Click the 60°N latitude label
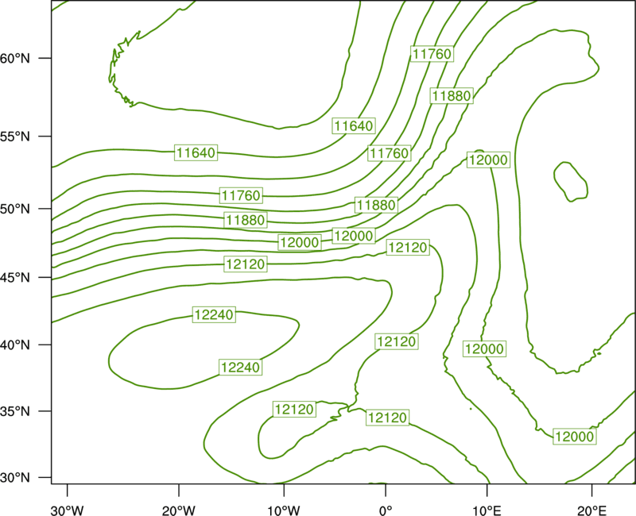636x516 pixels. [x=15, y=58]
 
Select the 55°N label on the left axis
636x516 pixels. [x=15, y=137]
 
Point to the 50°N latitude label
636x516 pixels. [x=15, y=209]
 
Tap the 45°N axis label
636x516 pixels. [x=15, y=277]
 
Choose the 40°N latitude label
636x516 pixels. [x=15, y=345]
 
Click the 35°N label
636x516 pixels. [x=15, y=411]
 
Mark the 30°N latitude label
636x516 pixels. [x=15, y=478]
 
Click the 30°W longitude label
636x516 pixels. [x=68, y=510]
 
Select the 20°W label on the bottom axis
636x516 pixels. [x=179, y=510]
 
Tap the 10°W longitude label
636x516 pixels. [x=284, y=510]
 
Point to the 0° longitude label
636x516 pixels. [x=386, y=510]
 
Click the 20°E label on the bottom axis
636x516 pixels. [x=591, y=510]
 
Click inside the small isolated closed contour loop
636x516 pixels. [x=571, y=182]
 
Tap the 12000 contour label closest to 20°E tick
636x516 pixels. [x=575, y=437]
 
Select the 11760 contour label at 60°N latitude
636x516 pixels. [x=432, y=54]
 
